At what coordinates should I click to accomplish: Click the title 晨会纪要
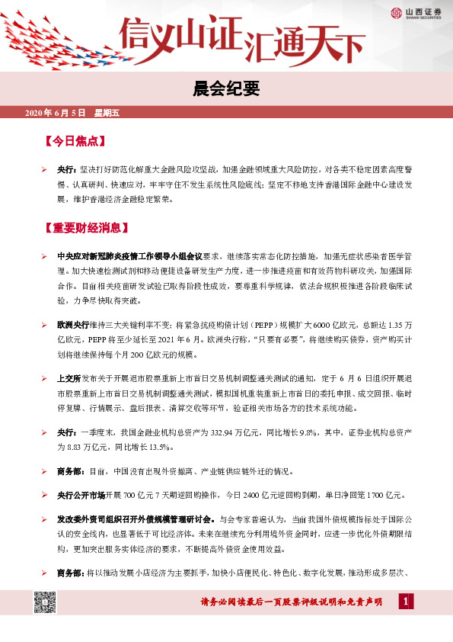[226, 89]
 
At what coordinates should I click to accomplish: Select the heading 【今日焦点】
[74, 141]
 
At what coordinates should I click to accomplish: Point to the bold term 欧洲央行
[73, 313]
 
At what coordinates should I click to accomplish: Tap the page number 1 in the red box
[407, 602]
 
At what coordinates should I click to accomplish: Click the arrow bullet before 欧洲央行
[45, 313]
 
